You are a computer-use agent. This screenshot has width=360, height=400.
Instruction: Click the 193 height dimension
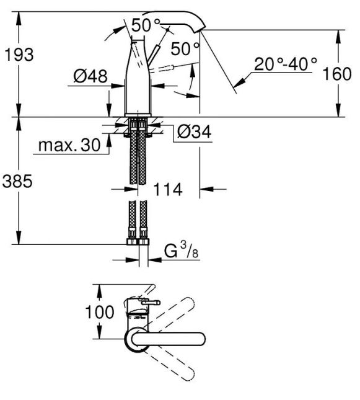[19, 55]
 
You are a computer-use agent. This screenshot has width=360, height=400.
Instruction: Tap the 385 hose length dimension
[17, 181]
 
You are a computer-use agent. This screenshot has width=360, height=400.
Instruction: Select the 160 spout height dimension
[337, 74]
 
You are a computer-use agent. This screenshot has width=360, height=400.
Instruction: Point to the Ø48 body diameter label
[90, 76]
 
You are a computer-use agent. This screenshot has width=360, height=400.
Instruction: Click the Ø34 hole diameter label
[195, 131]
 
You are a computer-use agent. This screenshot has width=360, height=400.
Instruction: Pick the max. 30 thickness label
[69, 145]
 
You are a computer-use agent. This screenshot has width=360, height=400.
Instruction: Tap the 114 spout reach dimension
[168, 189]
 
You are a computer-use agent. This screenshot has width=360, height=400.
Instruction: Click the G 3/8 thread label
[182, 251]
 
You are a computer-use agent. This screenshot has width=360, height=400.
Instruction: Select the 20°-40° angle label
[286, 64]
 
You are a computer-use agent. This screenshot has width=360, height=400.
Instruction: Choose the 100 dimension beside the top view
[99, 312]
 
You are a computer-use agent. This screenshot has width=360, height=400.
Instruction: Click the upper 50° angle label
[146, 25]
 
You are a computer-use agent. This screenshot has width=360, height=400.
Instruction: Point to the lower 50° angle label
[185, 48]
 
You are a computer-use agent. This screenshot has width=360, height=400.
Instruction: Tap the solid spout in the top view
[169, 339]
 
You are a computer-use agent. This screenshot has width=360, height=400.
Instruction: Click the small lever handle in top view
[150, 303]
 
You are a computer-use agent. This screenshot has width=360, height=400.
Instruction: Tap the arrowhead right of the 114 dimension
[206, 189]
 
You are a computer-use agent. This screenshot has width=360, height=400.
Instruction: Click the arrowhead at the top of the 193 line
[19, 19]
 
